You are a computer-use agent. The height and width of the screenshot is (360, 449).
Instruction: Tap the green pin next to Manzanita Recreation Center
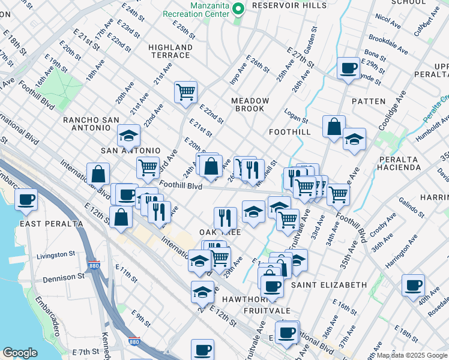(x=238, y=8)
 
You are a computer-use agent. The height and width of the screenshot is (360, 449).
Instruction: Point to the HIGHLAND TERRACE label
(x=170, y=51)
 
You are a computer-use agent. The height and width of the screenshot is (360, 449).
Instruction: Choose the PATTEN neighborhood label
(x=369, y=101)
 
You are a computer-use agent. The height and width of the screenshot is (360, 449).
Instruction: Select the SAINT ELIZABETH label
(x=329, y=284)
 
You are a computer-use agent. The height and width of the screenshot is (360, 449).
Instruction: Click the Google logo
(x=20, y=353)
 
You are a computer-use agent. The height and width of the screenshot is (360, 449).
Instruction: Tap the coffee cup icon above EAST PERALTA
(x=26, y=199)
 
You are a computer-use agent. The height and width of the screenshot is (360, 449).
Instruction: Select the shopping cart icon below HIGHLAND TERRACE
(x=186, y=92)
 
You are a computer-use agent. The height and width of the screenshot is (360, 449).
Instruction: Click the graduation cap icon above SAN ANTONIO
(x=128, y=136)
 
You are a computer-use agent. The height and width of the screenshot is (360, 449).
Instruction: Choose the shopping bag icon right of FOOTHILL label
(x=334, y=127)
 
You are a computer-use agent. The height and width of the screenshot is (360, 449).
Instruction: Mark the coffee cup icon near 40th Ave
(x=412, y=285)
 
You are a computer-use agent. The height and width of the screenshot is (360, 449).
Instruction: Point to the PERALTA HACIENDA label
(x=399, y=163)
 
